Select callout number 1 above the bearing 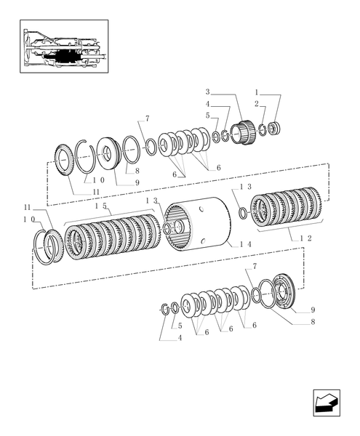point(257,92)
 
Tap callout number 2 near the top point(256,103)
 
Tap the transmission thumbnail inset point(63,45)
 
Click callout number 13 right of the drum point(245,187)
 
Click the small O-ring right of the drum point(244,212)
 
